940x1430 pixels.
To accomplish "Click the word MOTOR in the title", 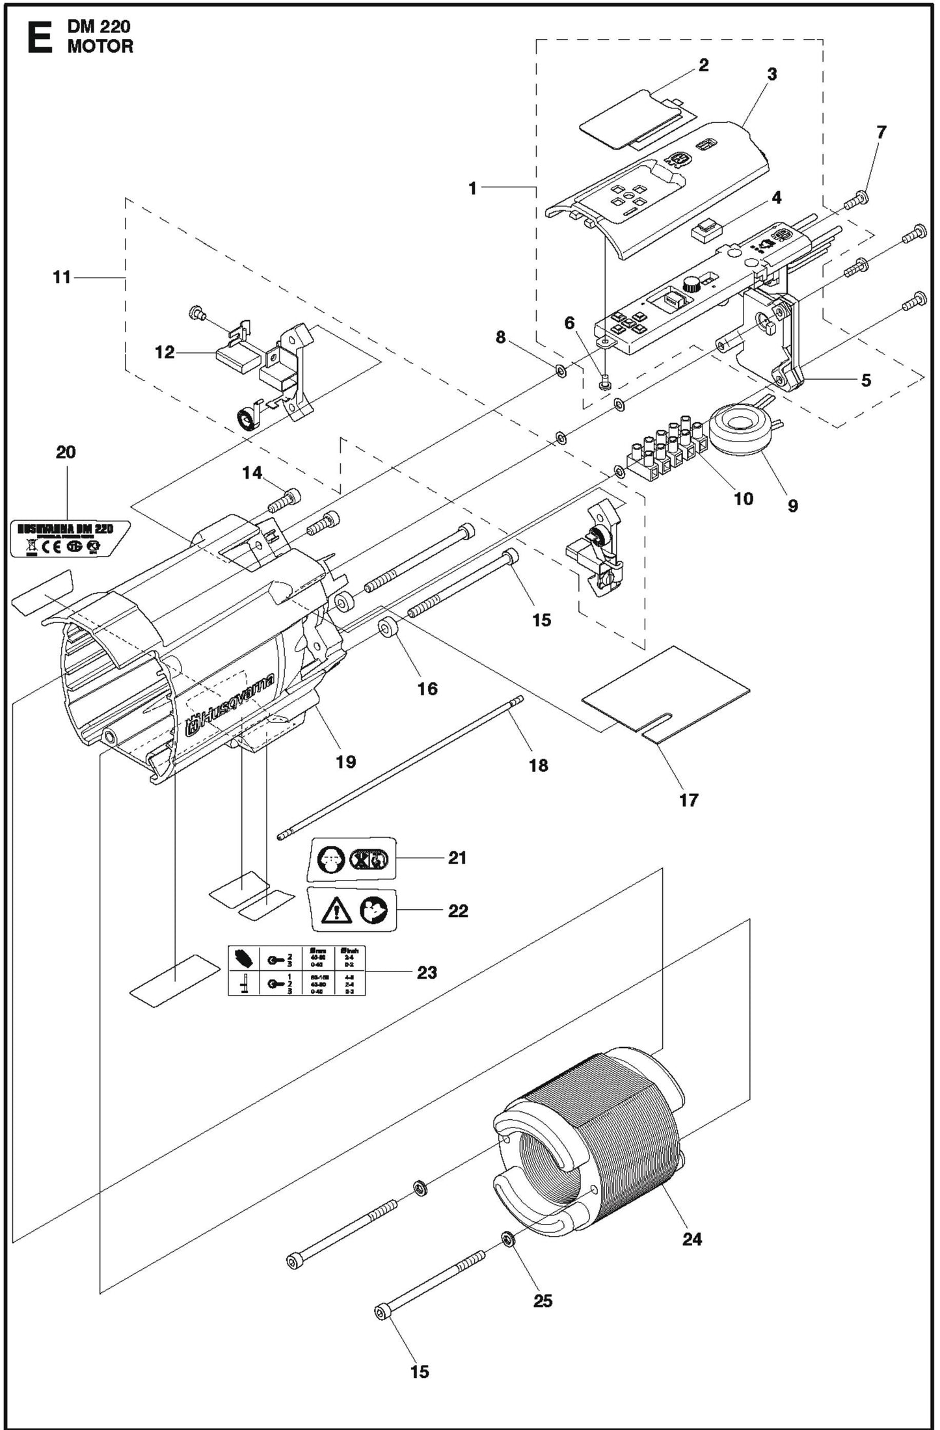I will point(100,47).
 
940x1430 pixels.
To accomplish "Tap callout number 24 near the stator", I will point(692,1239).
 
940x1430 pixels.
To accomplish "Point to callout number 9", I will point(792,505).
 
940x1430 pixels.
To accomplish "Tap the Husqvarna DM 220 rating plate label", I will point(70,538).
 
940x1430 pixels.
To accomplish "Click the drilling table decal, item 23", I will point(297,971).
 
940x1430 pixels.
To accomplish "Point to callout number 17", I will point(688,801).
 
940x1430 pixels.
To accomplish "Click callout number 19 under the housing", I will point(345,761).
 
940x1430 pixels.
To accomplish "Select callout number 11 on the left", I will point(62,278).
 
